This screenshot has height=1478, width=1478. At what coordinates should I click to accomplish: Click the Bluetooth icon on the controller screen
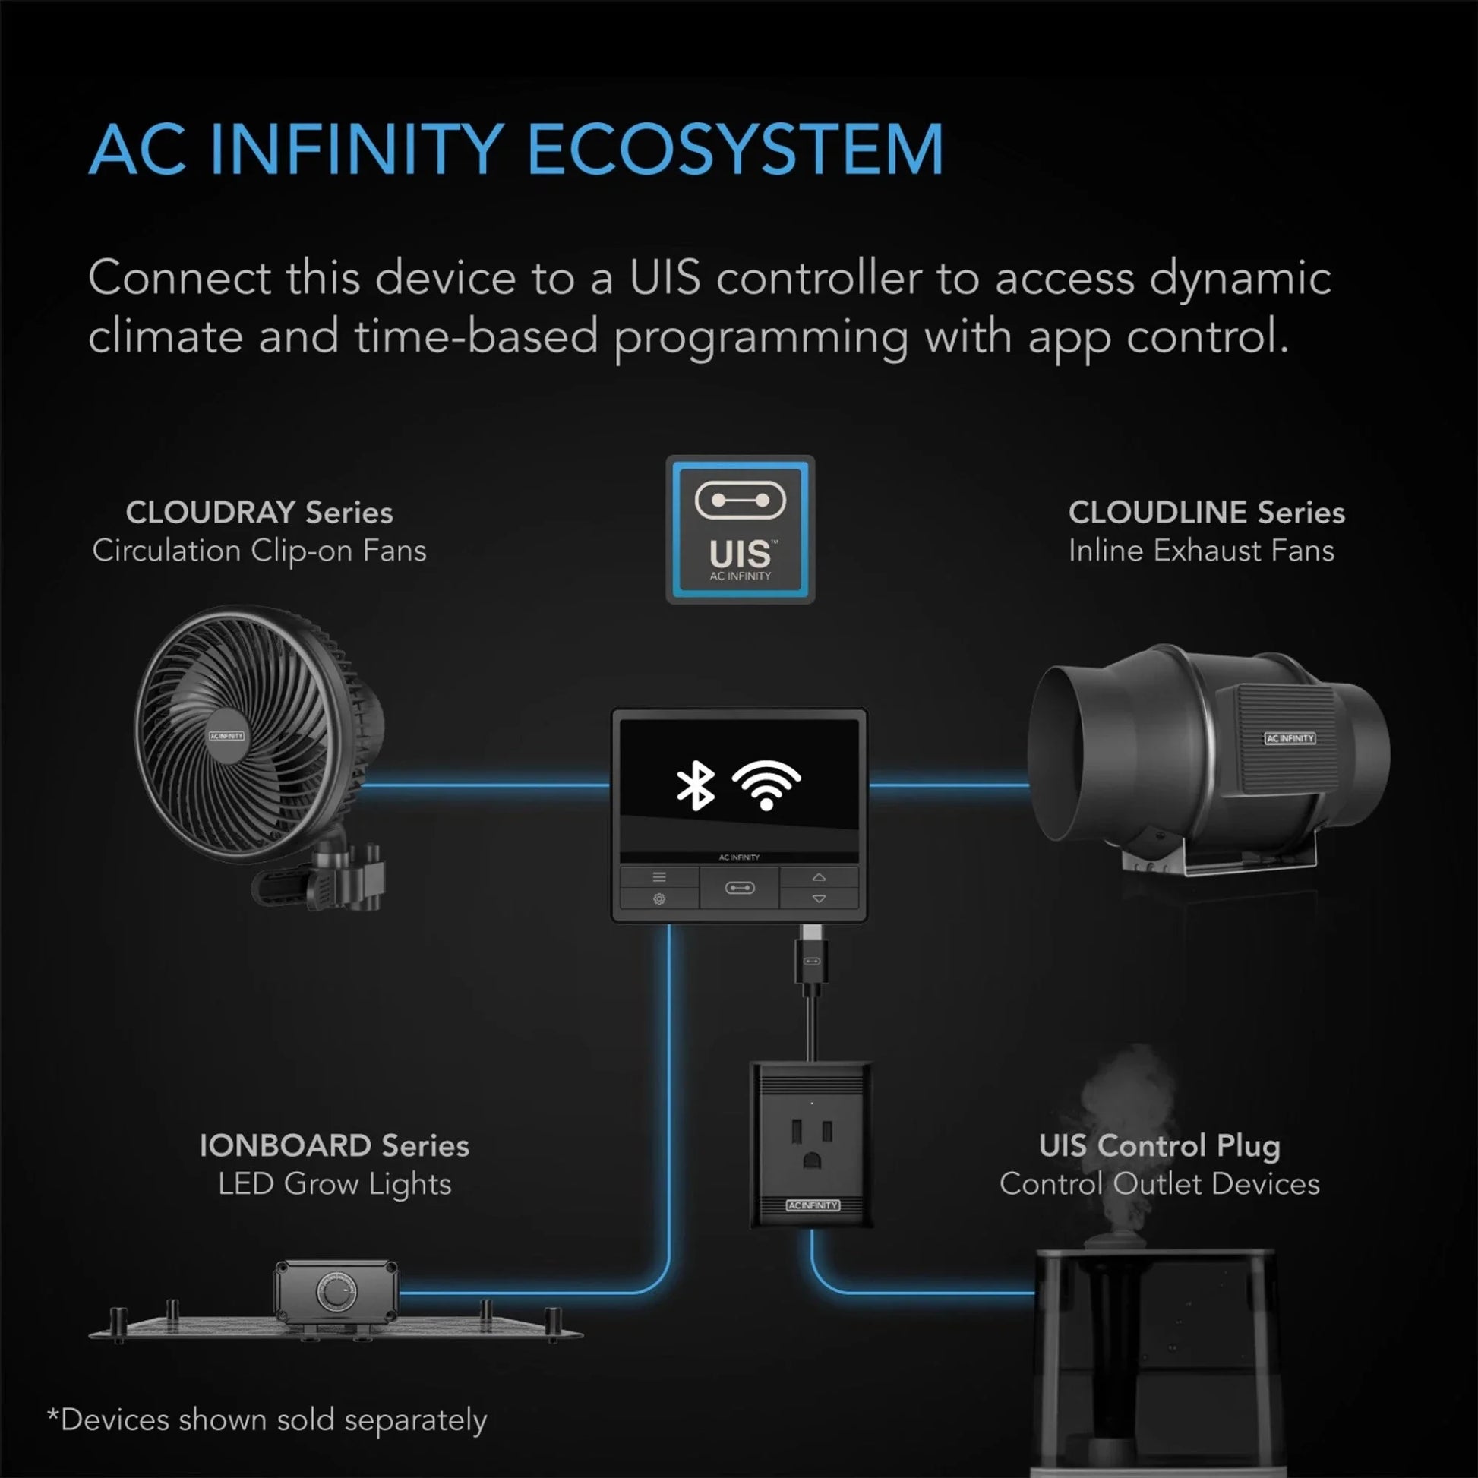[696, 785]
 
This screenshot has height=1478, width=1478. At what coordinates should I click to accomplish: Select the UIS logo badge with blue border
[740, 529]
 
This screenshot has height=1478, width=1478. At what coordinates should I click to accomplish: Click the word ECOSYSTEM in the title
[735, 149]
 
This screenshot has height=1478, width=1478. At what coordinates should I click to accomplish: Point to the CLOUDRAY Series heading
[259, 513]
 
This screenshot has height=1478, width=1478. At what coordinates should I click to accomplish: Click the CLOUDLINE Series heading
[1206, 513]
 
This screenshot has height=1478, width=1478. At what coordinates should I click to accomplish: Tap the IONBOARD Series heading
[334, 1145]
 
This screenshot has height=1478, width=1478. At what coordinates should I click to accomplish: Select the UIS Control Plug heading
[1159, 1145]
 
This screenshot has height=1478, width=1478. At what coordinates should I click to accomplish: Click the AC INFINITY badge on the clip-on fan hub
[226, 736]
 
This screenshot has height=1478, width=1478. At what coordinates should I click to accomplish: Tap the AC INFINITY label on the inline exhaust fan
[1290, 738]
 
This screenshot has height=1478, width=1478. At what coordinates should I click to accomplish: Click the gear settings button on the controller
[658, 899]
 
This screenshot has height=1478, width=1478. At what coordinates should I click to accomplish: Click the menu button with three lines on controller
[658, 876]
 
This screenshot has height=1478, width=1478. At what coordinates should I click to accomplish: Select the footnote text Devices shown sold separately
[267, 1420]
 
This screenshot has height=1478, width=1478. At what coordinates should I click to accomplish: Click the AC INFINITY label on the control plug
[813, 1205]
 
